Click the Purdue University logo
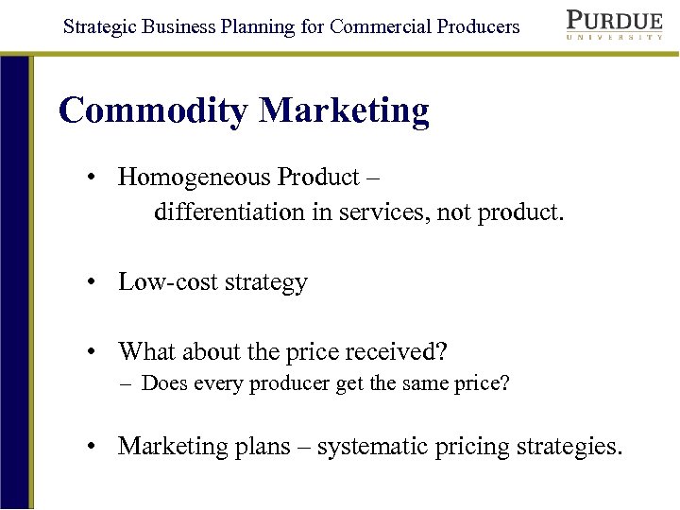[x=614, y=25]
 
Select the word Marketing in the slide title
[x=344, y=111]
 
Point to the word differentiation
[x=229, y=212]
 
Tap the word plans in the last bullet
[x=262, y=446]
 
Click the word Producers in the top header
[x=478, y=25]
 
